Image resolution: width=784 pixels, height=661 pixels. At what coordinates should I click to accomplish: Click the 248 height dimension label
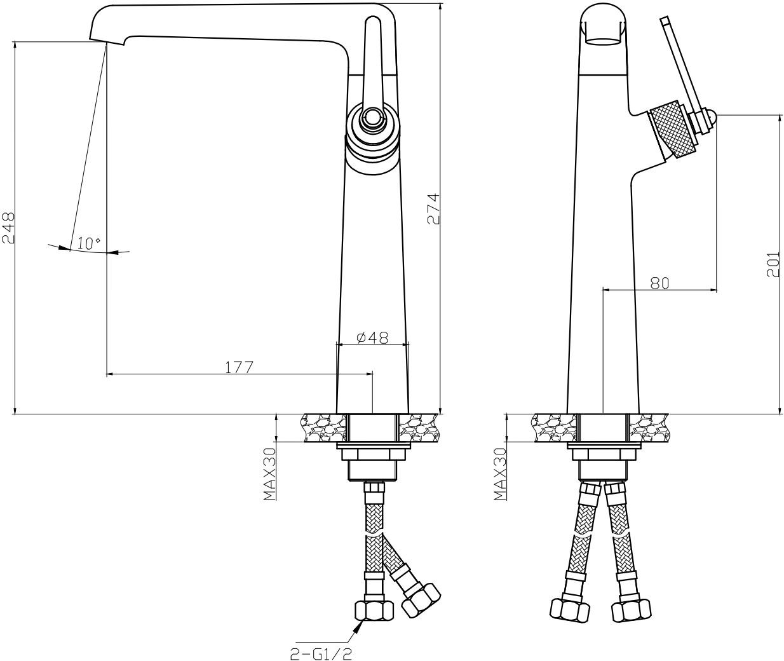click(x=8, y=228)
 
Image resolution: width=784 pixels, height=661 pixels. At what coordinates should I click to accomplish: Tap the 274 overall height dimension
click(x=433, y=209)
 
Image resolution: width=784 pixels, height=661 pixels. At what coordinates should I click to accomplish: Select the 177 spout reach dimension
click(x=239, y=367)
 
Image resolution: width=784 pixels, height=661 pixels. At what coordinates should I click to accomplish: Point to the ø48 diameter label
click(x=372, y=337)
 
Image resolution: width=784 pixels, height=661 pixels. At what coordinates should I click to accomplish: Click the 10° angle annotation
click(x=89, y=244)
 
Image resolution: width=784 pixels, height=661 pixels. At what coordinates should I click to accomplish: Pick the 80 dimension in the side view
click(x=659, y=283)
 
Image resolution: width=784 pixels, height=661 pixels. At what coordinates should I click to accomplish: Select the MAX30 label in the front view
click(x=270, y=474)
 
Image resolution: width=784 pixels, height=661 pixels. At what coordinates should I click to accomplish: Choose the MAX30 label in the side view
click(x=501, y=474)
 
